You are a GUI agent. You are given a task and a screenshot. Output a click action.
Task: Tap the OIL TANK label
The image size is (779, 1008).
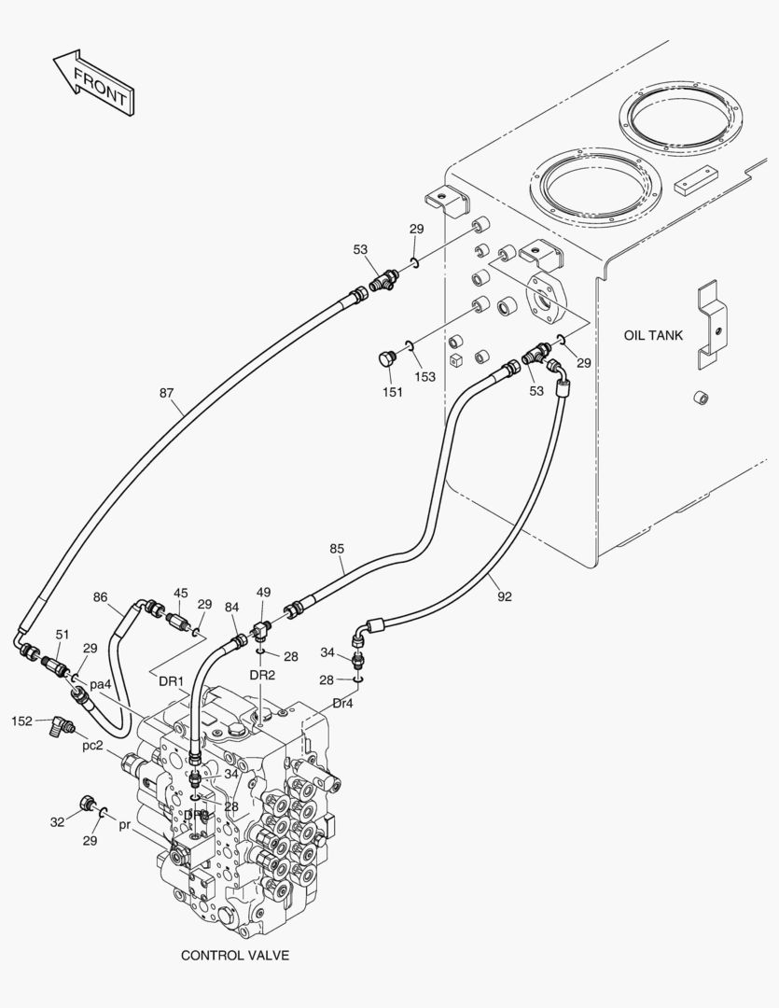(x=653, y=335)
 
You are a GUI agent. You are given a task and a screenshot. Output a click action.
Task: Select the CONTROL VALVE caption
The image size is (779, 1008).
(x=234, y=955)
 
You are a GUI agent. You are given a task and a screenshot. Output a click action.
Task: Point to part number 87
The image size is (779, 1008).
(x=166, y=393)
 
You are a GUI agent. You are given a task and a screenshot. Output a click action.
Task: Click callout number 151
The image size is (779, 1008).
(x=392, y=392)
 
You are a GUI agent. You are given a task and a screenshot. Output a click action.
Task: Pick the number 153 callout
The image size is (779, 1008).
(x=425, y=376)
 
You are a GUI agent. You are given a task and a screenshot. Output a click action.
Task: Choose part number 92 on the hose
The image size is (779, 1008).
(x=505, y=596)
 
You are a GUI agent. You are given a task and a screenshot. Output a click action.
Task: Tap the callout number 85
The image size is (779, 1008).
(x=337, y=549)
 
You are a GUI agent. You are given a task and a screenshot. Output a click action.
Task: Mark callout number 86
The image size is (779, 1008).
(x=100, y=597)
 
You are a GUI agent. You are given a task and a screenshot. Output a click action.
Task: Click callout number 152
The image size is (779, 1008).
(x=22, y=721)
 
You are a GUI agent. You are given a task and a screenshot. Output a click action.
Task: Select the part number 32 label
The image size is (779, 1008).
(x=57, y=822)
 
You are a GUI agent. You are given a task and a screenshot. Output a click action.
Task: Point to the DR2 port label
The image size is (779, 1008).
(x=262, y=675)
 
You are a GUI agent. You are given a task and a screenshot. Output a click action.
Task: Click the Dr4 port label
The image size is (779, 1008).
(x=342, y=703)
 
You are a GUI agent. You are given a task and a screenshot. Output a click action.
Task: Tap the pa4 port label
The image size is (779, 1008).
(x=101, y=684)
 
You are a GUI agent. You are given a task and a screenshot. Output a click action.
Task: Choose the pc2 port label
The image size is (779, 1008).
(x=92, y=746)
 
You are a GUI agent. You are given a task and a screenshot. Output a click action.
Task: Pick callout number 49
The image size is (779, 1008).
(x=263, y=593)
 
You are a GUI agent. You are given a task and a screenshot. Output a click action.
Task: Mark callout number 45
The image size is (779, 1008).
(x=180, y=593)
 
